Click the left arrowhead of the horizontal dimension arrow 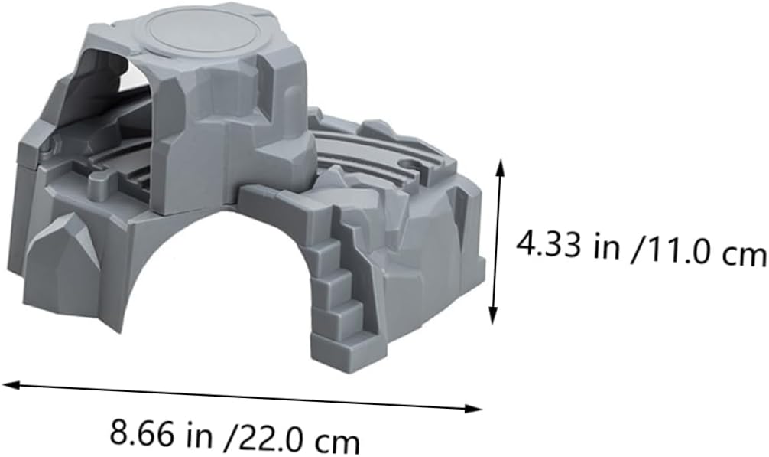[x=11, y=384]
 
